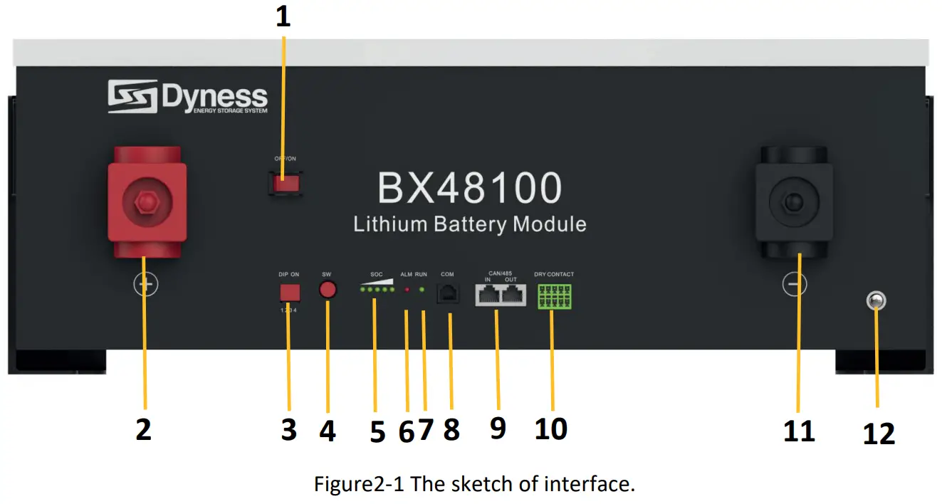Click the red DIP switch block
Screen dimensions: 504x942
[x=289, y=293]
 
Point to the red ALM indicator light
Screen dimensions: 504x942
[x=407, y=290]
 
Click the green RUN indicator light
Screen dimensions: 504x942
[x=422, y=290]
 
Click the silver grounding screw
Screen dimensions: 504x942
[x=874, y=302]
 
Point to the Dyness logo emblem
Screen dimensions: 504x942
[x=132, y=97]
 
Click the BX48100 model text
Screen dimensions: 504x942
[x=470, y=189]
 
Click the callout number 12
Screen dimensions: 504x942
[x=878, y=434]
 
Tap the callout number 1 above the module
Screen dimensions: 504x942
[x=283, y=17]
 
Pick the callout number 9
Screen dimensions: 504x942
[x=498, y=428]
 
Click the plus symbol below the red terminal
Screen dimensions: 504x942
[x=145, y=285]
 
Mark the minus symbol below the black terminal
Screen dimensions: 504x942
[x=794, y=285]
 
